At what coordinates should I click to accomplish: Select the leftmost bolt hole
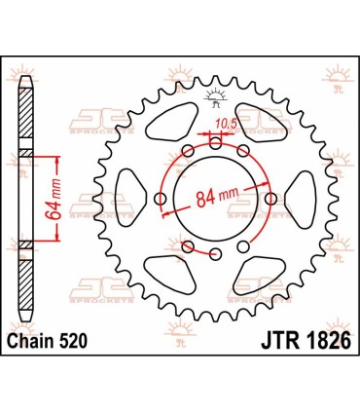tap(160, 199)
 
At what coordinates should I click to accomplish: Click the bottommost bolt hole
tap(216, 254)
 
